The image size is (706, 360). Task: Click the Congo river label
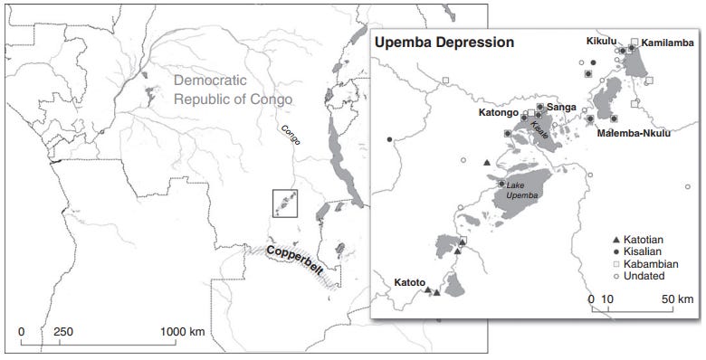coord(290,137)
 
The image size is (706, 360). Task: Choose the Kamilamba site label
coord(669,43)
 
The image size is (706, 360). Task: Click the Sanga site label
coord(561,106)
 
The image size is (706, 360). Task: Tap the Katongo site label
coord(498,114)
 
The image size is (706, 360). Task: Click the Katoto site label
coord(407,282)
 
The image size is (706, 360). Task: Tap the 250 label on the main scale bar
coord(63,332)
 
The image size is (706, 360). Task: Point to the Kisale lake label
coord(539,131)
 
